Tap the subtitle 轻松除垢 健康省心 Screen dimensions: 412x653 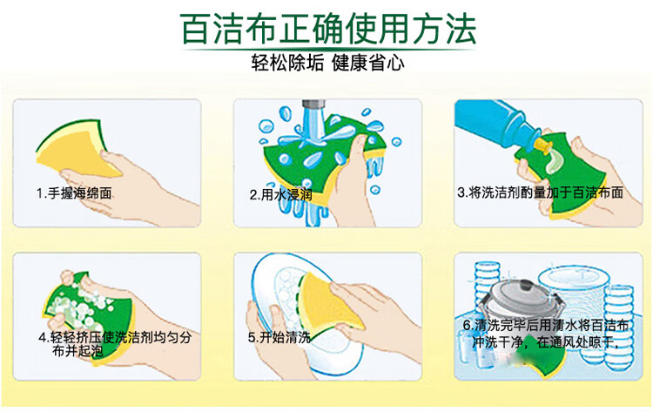pos(327,64)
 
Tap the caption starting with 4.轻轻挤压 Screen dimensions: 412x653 pos(105,342)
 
